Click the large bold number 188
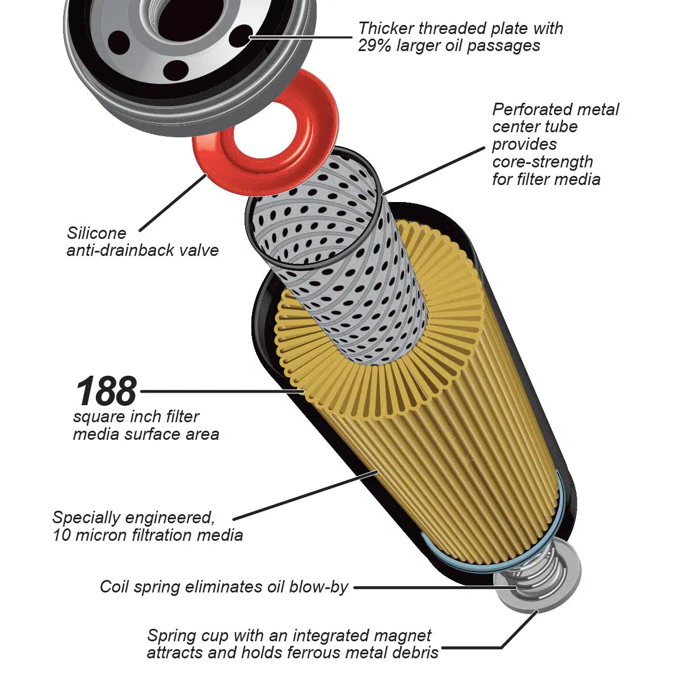(x=106, y=391)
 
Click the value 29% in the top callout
(x=375, y=46)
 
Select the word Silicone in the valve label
(x=96, y=233)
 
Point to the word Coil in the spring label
(x=115, y=587)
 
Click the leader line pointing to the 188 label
(x=221, y=391)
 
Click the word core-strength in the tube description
(x=543, y=162)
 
